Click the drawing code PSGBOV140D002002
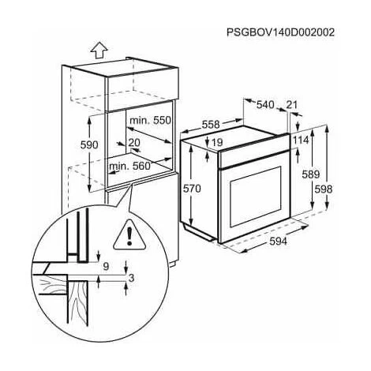pos(280,32)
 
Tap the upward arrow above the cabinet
pos(99,50)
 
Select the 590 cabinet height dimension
pos(89,145)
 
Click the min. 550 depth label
pos(151,121)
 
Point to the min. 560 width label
pos(129,166)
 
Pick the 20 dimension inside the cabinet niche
pos(134,143)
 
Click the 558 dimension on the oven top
pos(211,125)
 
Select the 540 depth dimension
pos(265,105)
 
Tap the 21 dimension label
pos(291,105)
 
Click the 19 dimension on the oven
pos(217,142)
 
